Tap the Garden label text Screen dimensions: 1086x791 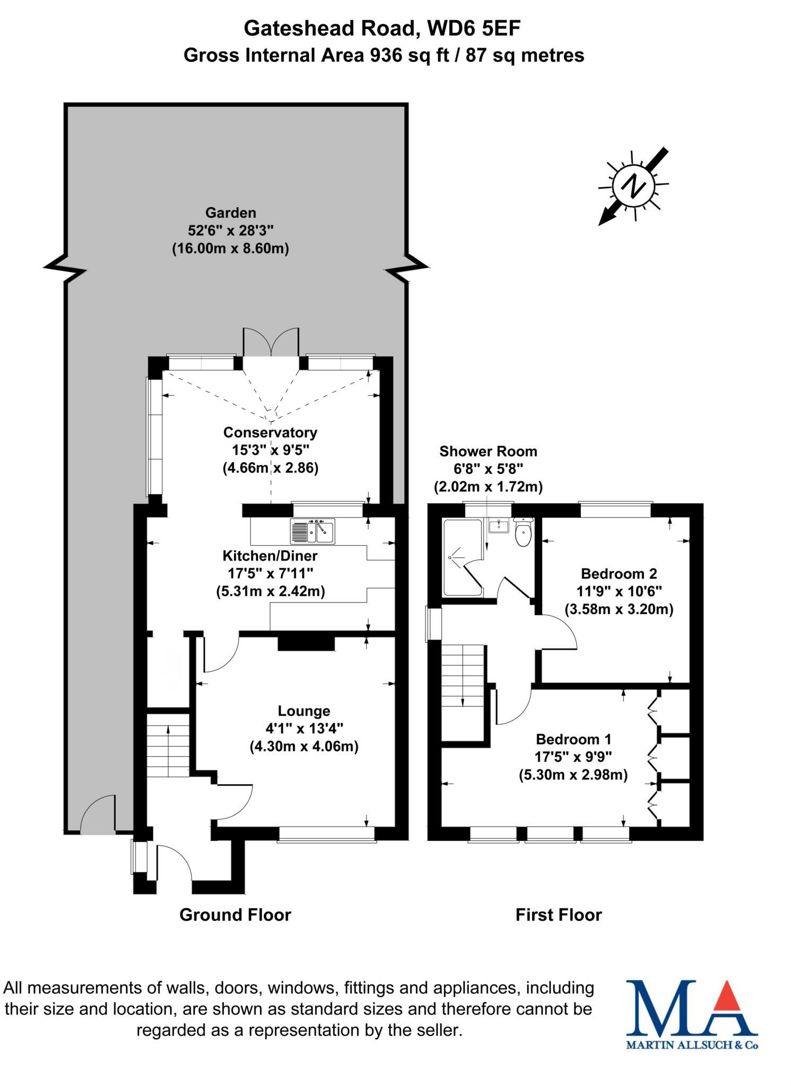(x=231, y=213)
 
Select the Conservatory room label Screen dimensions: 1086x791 (x=270, y=432)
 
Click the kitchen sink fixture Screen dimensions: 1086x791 (x=312, y=531)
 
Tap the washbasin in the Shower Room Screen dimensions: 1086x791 (x=499, y=527)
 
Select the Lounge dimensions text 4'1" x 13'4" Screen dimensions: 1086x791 (x=304, y=729)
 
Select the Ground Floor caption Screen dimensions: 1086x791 (x=235, y=915)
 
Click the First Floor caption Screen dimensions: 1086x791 (x=559, y=915)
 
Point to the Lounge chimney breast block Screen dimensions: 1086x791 (x=307, y=643)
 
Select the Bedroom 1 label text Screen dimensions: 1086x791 (x=573, y=739)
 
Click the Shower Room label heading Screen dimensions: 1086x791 (x=488, y=451)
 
